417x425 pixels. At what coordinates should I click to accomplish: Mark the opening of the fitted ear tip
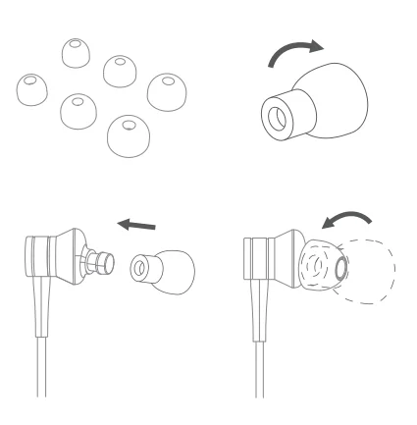[x=340, y=263]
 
